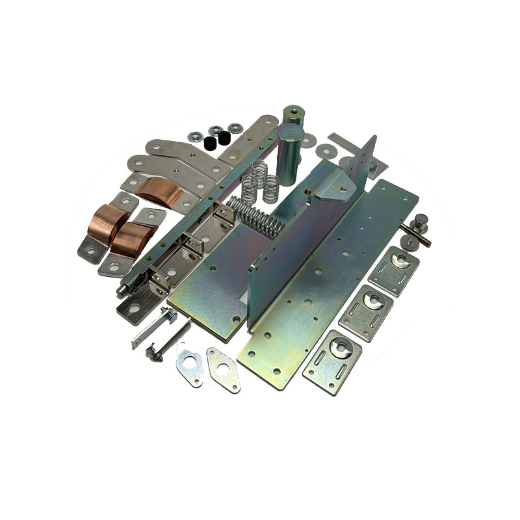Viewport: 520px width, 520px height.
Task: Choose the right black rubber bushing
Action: (x=224, y=137)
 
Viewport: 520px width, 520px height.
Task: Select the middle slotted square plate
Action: (x=367, y=311)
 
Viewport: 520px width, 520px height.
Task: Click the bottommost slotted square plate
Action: (x=332, y=360)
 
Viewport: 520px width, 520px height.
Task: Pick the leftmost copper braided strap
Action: (x=103, y=222)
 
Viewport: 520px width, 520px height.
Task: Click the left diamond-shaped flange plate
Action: (x=189, y=367)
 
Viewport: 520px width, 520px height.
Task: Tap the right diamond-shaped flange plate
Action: (x=223, y=369)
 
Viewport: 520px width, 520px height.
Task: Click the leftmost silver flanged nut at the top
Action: (x=194, y=136)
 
